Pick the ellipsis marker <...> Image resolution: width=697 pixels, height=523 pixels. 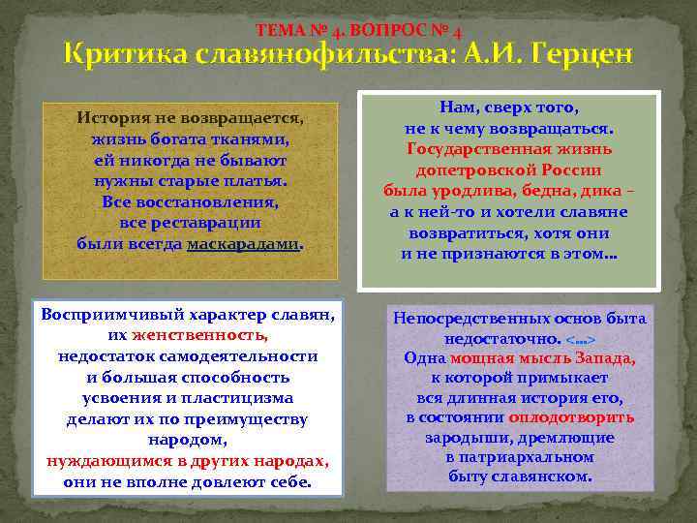(x=581, y=340)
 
